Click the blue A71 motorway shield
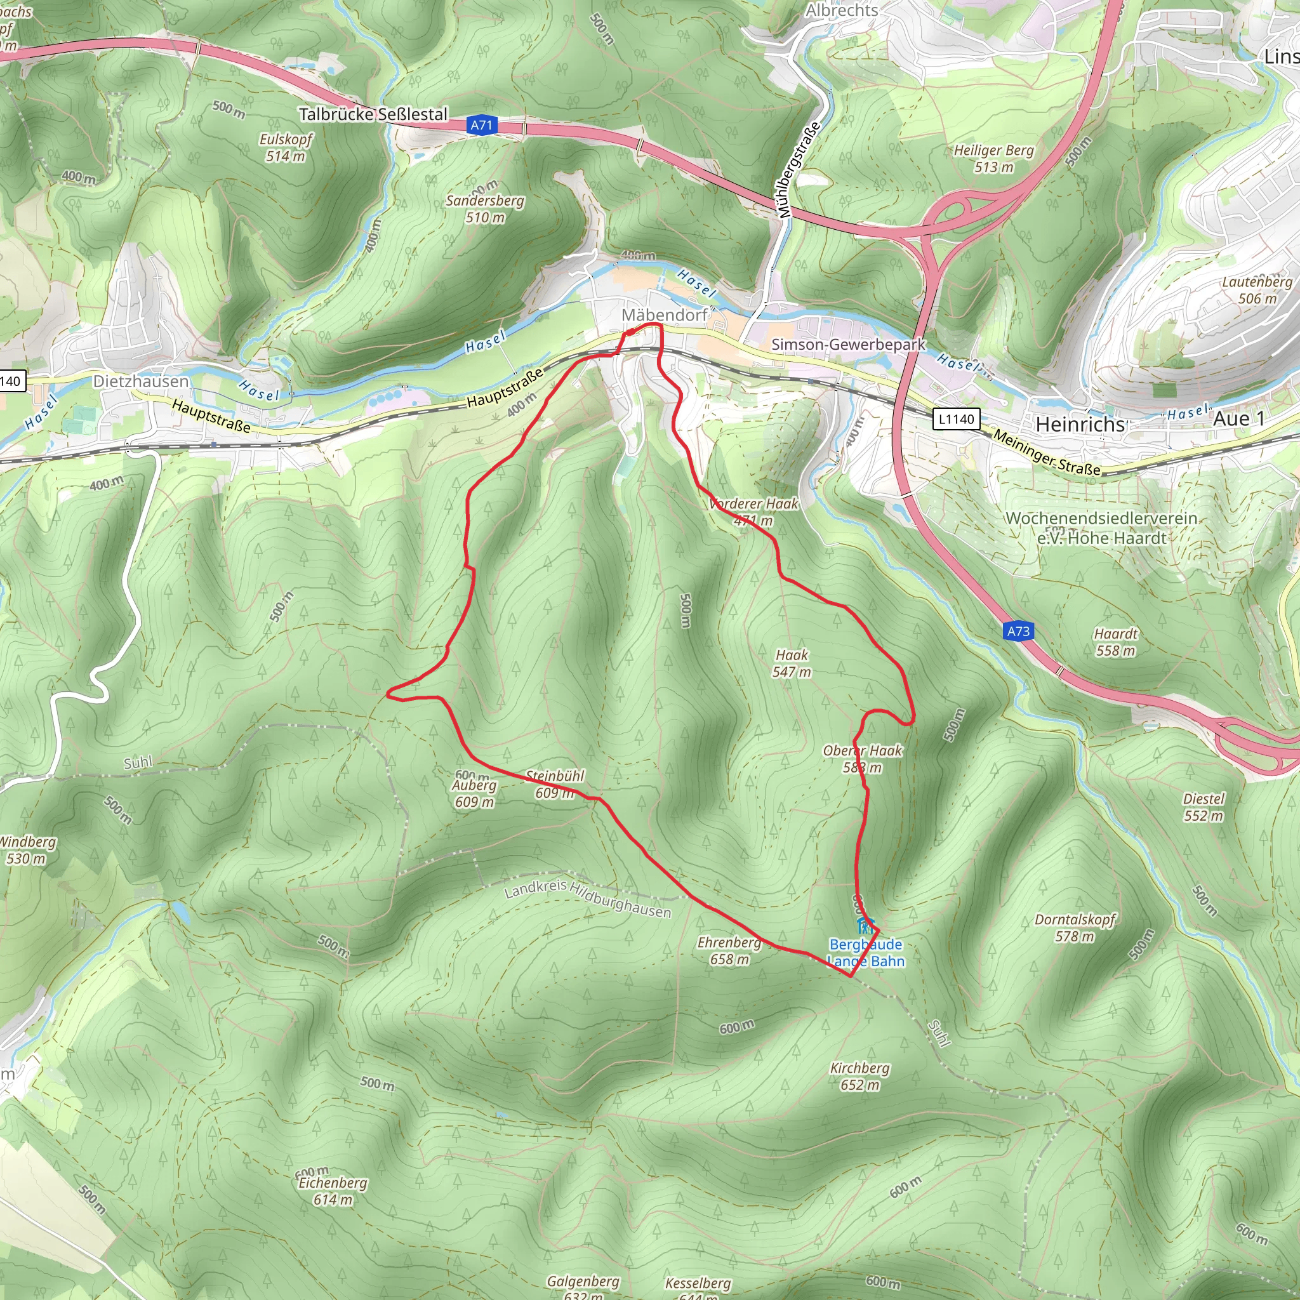481,125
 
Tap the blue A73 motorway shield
1018,631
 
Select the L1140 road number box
956,419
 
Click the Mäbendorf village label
664,315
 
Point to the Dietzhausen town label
141,381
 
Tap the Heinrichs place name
1080,425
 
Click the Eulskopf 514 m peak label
286,148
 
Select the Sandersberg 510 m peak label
485,209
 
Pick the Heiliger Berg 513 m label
994,159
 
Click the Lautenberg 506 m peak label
1257,290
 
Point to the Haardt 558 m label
1116,642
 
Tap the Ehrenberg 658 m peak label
729,950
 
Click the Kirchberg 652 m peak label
859,1076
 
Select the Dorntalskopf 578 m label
1075,928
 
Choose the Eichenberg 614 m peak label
333,1191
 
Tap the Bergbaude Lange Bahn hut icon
865,925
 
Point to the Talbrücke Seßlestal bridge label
373,114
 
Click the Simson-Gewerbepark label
848,345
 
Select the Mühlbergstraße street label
799,169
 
